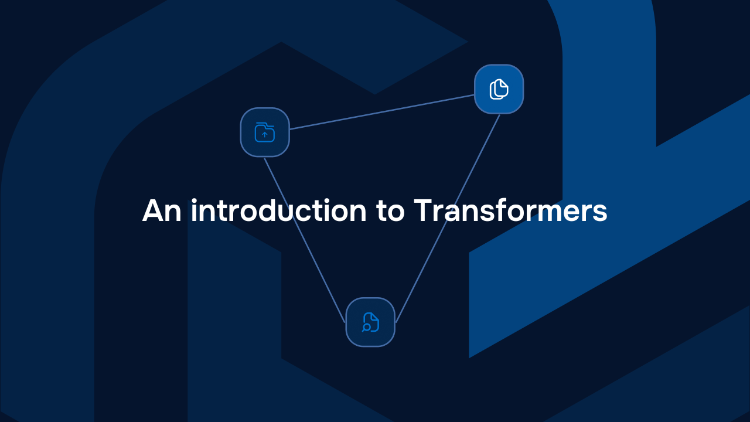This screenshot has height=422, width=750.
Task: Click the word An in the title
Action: coord(162,210)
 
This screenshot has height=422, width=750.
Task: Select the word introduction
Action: coord(278,210)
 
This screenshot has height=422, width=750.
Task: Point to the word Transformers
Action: coord(510,210)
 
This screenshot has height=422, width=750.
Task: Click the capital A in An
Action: coord(153,210)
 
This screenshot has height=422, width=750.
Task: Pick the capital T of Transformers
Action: coord(422,210)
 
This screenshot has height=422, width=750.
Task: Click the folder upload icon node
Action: coord(265,132)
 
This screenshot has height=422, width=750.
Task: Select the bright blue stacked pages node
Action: coord(499,89)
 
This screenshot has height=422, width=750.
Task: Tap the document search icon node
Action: coord(370,322)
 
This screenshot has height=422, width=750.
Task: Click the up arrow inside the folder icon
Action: coord(265,135)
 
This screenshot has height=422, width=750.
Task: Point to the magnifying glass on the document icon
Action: coord(366,327)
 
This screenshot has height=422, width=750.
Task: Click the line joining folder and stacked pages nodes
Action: coord(381,111)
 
